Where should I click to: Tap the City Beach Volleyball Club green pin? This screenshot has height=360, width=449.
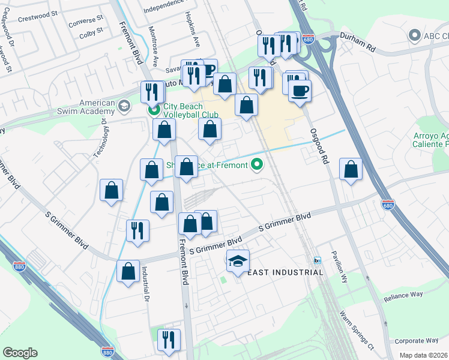[154, 110]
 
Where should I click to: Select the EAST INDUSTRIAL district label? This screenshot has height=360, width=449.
[286, 272]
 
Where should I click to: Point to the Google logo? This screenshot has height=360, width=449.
[20, 353]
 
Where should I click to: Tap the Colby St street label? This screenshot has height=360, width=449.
[91, 35]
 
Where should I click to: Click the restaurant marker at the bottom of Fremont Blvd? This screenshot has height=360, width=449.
[169, 340]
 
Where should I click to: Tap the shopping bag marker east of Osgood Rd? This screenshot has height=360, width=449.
[351, 169]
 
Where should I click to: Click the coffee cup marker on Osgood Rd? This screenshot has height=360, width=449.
[300, 91]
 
